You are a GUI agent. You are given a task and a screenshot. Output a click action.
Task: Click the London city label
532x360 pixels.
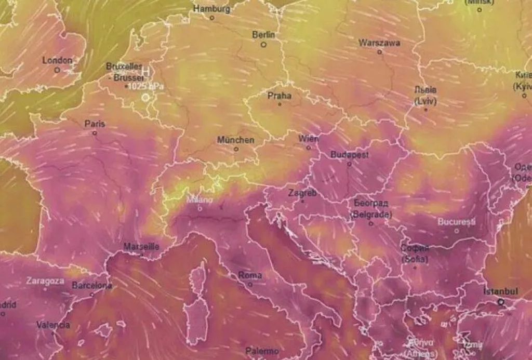[x=57, y=60]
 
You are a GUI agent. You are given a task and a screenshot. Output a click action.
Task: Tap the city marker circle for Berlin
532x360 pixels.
[x=263, y=45]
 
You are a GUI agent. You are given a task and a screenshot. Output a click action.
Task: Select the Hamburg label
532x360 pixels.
[x=211, y=9]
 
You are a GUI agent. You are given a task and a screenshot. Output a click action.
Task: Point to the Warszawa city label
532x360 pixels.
[x=379, y=43]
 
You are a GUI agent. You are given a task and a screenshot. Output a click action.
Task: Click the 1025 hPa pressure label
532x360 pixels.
[x=145, y=86]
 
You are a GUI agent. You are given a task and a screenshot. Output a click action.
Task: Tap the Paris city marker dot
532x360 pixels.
[x=95, y=133]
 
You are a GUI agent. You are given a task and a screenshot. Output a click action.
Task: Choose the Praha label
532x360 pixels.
[x=280, y=96]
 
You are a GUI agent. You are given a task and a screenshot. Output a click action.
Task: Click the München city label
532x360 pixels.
[x=236, y=140]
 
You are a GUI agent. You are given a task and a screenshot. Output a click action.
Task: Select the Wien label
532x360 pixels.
[x=309, y=139]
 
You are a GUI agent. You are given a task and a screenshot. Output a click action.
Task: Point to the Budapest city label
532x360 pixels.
[x=350, y=155]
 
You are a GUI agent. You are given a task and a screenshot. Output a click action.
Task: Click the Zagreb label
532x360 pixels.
[x=302, y=193]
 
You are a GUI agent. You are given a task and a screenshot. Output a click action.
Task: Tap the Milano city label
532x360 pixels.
[x=200, y=199]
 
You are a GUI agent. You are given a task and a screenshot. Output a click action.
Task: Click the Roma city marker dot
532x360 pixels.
[x=250, y=284]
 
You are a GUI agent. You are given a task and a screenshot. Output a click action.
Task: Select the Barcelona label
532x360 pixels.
[x=92, y=285]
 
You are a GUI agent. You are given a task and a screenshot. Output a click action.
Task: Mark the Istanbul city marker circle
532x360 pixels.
[x=501, y=301]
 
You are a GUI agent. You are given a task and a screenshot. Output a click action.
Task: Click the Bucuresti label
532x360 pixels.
[x=457, y=222]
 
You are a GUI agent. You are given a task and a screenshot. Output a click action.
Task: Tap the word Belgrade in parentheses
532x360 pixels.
[x=371, y=214]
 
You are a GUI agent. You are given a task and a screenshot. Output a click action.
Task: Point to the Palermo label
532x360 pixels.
[x=262, y=351]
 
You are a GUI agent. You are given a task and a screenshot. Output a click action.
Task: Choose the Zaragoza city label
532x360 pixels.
[x=45, y=281]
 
